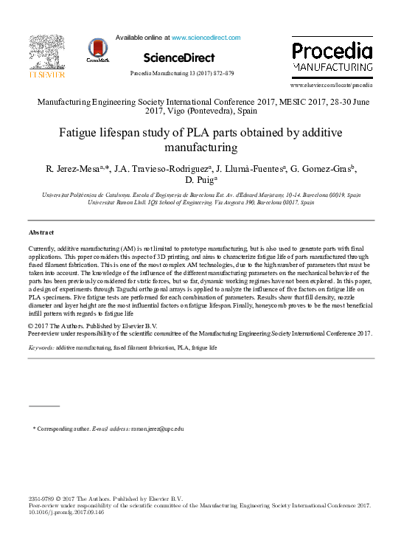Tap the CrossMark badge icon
[x=97, y=49]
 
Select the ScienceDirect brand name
[x=179, y=58]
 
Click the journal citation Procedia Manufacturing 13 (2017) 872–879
[x=182, y=74]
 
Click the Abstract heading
[x=42, y=232]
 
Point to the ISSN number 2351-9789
[x=41, y=499]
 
